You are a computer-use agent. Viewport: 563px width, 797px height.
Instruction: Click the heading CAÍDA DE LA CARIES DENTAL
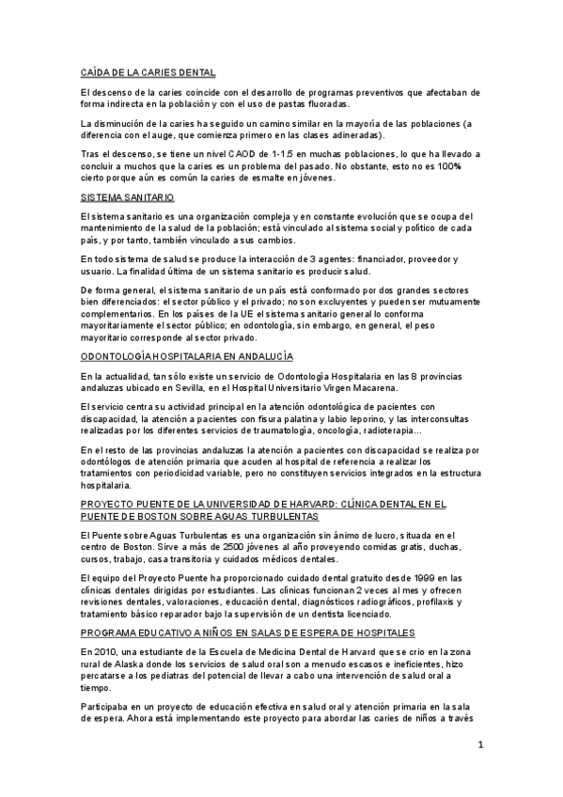click(149, 71)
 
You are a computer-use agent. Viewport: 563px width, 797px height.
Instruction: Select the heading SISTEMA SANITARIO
click(128, 198)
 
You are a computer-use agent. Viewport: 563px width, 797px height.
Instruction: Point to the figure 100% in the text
click(469, 165)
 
